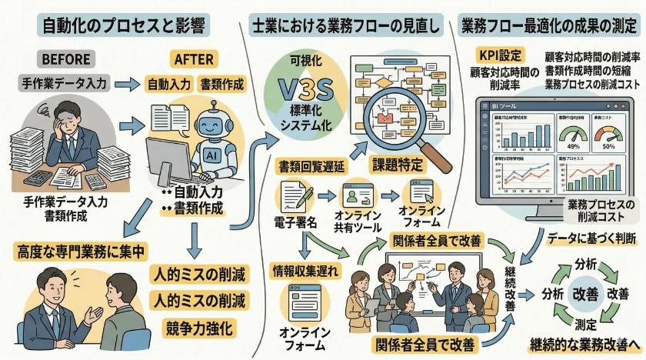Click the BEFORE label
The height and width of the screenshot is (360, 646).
click(x=68, y=59)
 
